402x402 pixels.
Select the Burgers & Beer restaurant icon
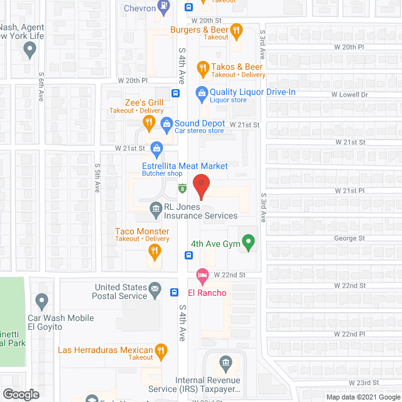236,30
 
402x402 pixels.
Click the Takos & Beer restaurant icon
202,67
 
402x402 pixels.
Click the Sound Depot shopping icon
166,124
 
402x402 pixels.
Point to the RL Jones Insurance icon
155,208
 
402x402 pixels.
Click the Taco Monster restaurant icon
154,252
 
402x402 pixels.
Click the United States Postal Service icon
155,292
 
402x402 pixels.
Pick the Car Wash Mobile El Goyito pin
43,302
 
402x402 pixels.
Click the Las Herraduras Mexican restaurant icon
161,350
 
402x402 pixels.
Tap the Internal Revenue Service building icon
226,362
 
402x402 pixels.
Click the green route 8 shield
182,188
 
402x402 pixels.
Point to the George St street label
350,239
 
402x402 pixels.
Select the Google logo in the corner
20,394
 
